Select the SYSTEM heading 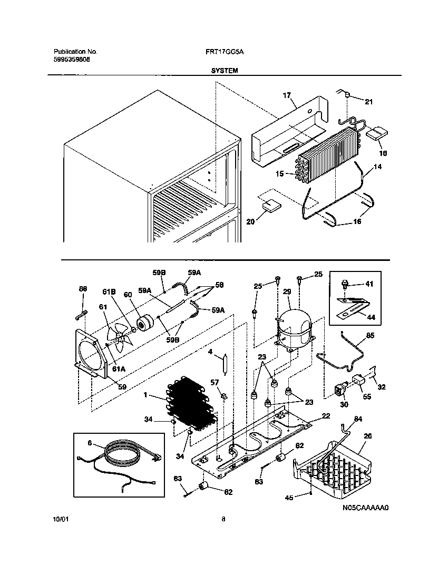click(x=225, y=70)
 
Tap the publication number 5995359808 click(x=72, y=60)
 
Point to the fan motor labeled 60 click(x=144, y=323)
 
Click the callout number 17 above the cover click(x=287, y=95)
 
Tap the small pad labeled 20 click(x=271, y=205)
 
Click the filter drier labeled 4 click(x=225, y=365)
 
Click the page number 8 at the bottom click(x=223, y=519)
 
